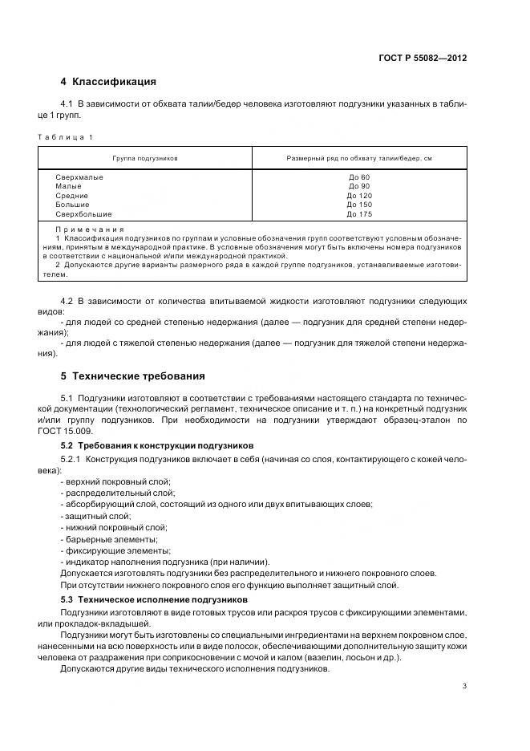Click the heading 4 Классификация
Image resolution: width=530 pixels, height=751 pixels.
click(107, 82)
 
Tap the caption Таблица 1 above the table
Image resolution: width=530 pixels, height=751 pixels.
click(65, 137)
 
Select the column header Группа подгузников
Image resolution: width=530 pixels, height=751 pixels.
click(145, 158)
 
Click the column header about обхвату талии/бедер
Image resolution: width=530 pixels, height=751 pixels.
click(359, 158)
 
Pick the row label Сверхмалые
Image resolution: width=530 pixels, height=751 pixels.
click(79, 177)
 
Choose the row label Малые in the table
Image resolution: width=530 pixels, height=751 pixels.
click(69, 186)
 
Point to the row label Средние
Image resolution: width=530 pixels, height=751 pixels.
click(72, 196)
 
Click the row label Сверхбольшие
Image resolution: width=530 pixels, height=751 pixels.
click(83, 214)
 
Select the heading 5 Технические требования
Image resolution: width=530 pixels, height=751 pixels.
click(132, 375)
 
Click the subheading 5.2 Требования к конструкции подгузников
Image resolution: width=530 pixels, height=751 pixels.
click(157, 445)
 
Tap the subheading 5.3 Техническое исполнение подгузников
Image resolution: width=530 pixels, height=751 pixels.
click(154, 599)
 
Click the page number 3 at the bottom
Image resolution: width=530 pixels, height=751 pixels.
click(464, 685)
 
